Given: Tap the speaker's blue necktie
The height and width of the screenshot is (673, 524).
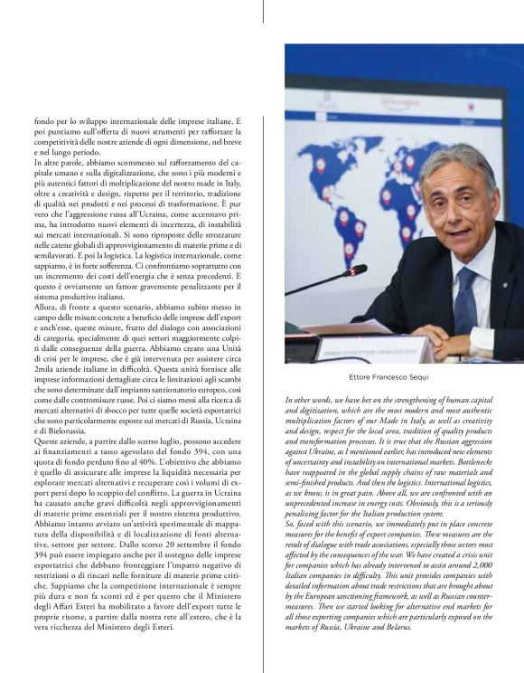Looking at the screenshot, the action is (465, 299).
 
